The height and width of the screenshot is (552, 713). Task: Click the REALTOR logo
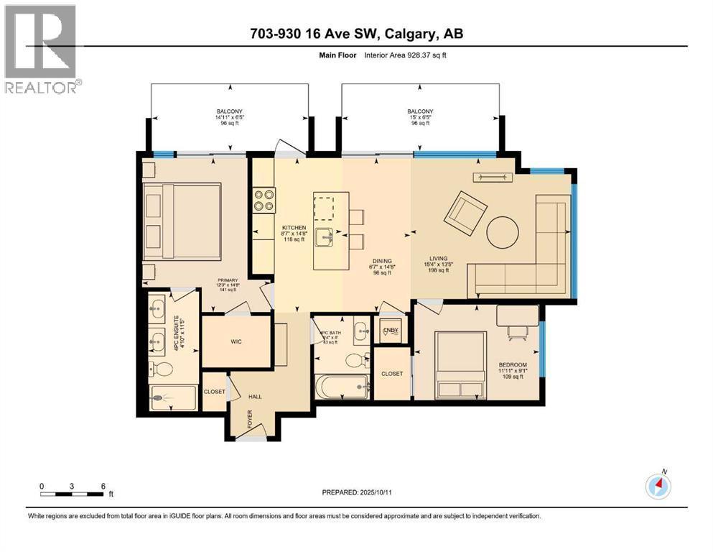coord(41,49)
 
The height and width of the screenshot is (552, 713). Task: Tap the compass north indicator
coord(658,486)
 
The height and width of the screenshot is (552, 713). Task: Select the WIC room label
coord(236,341)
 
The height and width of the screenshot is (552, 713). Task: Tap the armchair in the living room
coord(463,214)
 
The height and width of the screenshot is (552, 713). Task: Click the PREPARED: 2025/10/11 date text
coord(358,492)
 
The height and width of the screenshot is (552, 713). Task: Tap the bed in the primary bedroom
coord(182,222)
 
